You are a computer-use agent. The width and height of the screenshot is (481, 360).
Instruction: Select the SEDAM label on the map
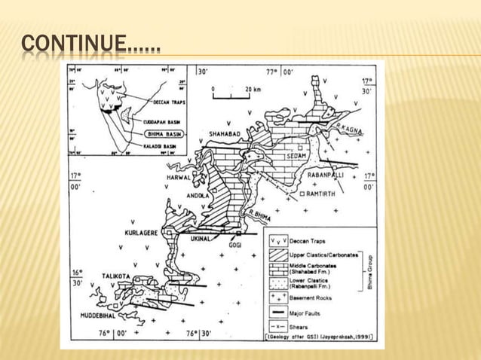[296, 156]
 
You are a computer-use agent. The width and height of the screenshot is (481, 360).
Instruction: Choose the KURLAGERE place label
[141, 233]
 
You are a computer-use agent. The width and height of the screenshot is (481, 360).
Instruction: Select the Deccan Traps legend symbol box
[277, 242]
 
